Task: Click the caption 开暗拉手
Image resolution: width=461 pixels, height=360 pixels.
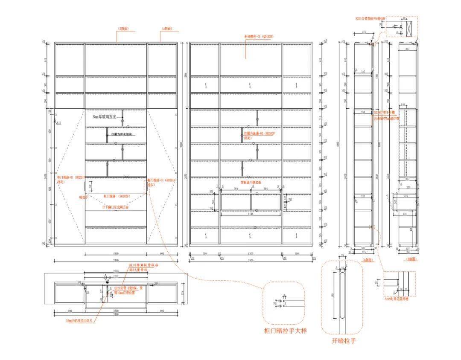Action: coord(344,341)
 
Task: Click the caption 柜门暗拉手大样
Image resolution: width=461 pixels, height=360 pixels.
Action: coord(286,331)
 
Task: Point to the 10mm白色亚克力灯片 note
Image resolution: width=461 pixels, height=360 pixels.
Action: coord(80,320)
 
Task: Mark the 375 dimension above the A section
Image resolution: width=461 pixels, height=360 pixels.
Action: coord(364,32)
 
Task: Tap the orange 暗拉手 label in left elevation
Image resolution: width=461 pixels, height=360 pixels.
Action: coord(84,197)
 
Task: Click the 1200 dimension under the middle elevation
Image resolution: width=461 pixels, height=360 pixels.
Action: coord(251,253)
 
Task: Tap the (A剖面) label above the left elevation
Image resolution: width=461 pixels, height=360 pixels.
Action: coord(166,29)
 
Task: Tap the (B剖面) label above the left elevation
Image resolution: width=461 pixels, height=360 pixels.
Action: coord(123,29)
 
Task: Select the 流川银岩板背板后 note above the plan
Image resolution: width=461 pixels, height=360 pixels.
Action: coord(144,265)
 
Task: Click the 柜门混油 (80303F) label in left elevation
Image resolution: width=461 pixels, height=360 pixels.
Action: coord(117,196)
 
